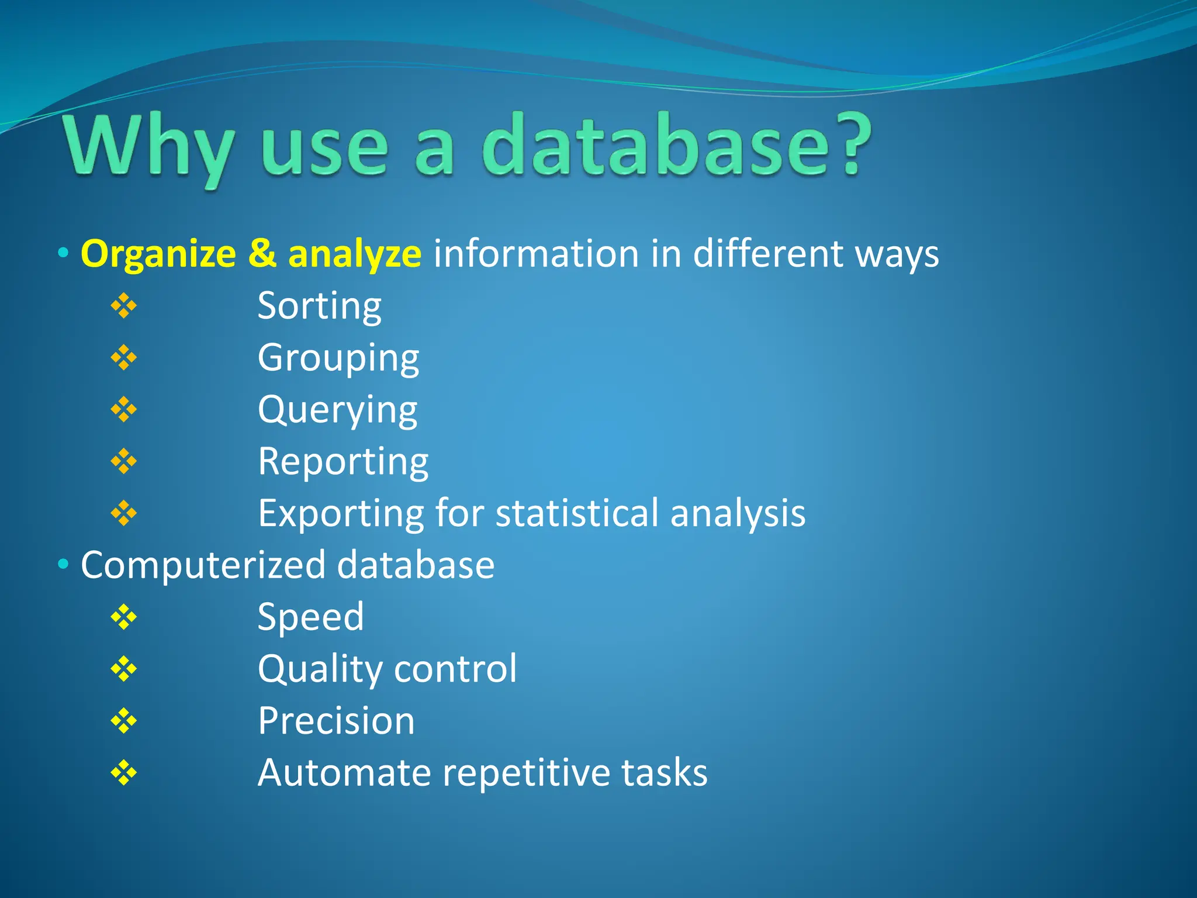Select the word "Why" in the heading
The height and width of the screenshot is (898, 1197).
[149, 149]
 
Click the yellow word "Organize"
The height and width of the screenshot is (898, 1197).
[158, 254]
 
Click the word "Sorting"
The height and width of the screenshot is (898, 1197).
[319, 306]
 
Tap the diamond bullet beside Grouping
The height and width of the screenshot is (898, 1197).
[123, 357]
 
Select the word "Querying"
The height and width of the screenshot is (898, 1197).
[337, 410]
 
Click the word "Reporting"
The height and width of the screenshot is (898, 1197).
[343, 462]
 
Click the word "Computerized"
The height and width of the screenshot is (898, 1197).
[203, 565]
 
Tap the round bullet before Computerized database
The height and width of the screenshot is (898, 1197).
[63, 565]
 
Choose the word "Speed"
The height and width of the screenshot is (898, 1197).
[310, 617]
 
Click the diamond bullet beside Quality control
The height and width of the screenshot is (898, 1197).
[123, 669]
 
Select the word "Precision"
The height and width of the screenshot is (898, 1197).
[336, 720]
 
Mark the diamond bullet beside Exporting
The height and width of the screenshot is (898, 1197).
[123, 513]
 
